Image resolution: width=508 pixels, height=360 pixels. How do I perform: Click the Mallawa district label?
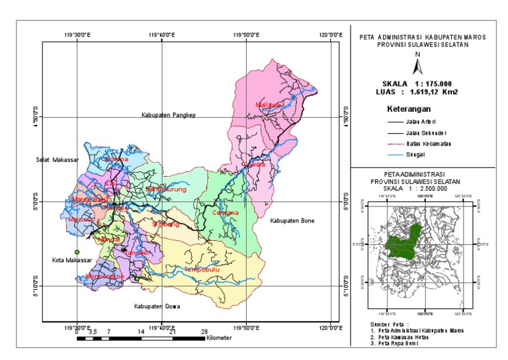269,105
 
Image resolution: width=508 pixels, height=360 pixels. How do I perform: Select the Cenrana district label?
226,213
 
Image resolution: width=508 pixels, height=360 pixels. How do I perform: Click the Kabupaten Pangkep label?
169,115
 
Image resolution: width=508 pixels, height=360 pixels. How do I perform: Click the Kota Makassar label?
71,261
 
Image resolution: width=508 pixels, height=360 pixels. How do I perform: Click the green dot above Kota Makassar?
77,252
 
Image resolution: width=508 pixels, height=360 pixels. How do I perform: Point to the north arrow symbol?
417,66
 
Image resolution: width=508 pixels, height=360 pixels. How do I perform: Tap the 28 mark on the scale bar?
204,331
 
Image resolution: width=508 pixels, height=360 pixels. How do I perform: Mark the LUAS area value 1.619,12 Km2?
437,93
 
